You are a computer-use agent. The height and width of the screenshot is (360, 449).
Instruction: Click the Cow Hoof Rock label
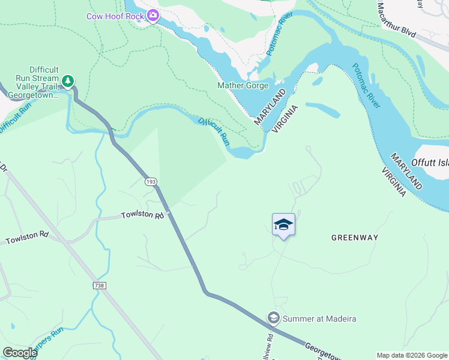115,16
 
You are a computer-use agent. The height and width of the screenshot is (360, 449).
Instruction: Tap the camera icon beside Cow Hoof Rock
152,16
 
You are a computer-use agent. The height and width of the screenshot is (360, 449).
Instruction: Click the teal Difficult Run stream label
214,131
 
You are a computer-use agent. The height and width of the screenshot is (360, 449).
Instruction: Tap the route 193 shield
149,181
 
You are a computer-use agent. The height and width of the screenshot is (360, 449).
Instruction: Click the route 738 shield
100,286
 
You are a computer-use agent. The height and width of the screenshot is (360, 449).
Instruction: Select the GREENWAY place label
355,238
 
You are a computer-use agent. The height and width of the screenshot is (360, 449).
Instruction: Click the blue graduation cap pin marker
283,225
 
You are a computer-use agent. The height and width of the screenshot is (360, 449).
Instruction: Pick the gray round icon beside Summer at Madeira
274,317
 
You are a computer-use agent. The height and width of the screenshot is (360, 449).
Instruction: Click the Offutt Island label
430,163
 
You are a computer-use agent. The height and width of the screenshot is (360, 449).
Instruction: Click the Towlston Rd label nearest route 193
142,215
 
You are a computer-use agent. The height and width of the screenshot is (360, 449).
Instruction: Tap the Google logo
19,353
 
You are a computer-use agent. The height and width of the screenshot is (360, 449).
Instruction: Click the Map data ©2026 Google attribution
412,355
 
